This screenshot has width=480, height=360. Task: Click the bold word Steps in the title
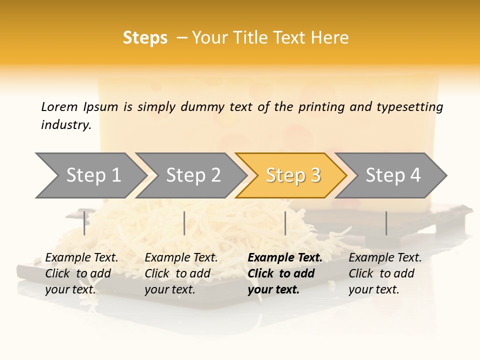pyautogui.click(x=145, y=38)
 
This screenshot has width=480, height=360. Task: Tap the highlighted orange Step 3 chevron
pyautogui.click(x=293, y=175)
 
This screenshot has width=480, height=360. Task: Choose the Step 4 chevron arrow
pyautogui.click(x=393, y=175)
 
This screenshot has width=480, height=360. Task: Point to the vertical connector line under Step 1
pyautogui.click(x=84, y=223)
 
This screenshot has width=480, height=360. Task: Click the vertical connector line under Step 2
pyautogui.click(x=184, y=223)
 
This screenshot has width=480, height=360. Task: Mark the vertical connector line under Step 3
pyautogui.click(x=285, y=223)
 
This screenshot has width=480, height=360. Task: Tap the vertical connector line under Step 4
pyautogui.click(x=386, y=223)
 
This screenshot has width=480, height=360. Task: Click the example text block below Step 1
pyautogui.click(x=81, y=273)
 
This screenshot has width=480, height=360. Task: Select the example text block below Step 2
pyautogui.click(x=181, y=273)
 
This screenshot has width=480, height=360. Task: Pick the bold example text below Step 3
pyautogui.click(x=285, y=273)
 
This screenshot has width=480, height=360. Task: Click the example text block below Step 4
pyautogui.click(x=385, y=273)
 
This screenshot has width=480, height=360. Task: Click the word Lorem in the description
pyautogui.click(x=59, y=106)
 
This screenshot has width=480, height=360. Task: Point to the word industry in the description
pyautogui.click(x=66, y=125)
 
